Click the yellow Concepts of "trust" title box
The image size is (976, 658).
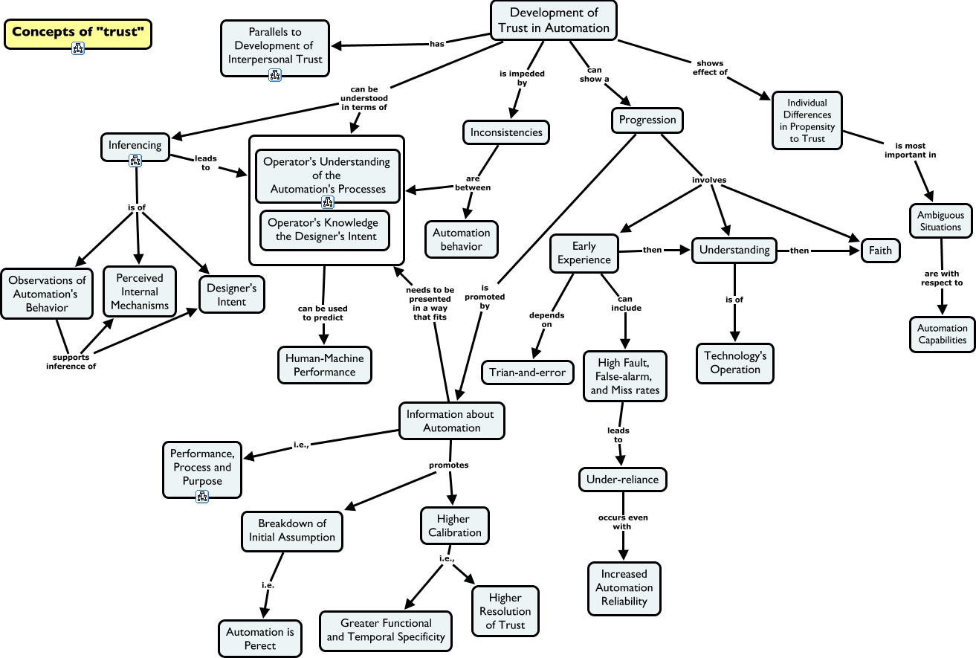[x=77, y=31]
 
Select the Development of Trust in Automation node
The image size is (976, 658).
[x=554, y=20]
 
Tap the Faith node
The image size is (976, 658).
[x=880, y=251]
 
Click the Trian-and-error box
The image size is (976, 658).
[x=527, y=372]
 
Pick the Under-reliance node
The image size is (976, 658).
[x=622, y=480]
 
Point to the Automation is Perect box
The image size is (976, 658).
[x=260, y=639]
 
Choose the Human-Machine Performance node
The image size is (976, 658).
[x=324, y=364]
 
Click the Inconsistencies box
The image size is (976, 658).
[x=506, y=132]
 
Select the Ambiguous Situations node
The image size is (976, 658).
[x=940, y=221]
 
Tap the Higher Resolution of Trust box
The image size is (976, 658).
[x=505, y=611]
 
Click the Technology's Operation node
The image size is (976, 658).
[x=735, y=363]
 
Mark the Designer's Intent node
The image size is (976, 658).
[x=231, y=294]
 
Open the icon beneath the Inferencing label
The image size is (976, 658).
[x=135, y=160]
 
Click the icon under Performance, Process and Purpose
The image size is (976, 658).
[x=202, y=497]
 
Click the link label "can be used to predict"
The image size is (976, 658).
[x=323, y=313]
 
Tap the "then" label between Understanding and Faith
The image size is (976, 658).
[x=799, y=251]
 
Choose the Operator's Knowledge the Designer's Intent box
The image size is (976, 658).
[x=324, y=230]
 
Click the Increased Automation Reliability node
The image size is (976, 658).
[x=624, y=587]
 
